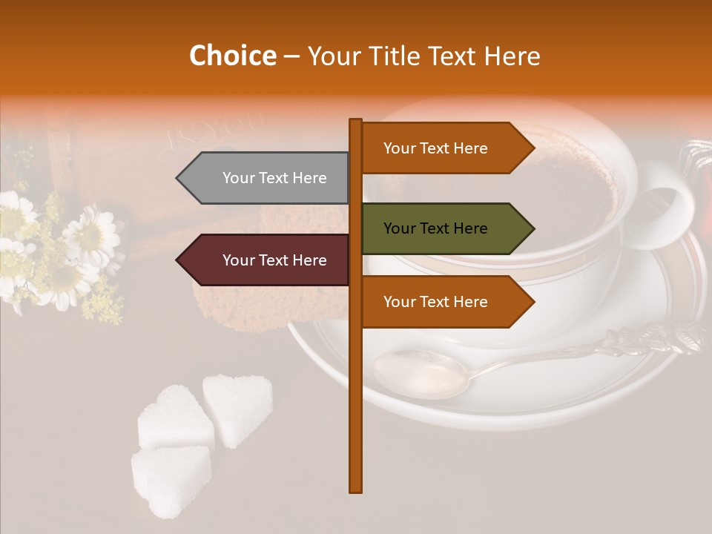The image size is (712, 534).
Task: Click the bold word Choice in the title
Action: [x=232, y=56]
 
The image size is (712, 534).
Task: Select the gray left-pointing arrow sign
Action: [x=263, y=178]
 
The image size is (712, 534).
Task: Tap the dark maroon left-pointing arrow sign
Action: [x=263, y=260]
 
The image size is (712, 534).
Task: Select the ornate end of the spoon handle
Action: [x=653, y=337]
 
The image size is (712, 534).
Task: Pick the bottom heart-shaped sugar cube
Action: [x=171, y=478]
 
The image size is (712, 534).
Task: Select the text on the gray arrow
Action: [x=274, y=178]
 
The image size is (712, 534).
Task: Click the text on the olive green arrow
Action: [x=435, y=228]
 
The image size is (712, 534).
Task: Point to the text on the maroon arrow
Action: [x=274, y=260]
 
